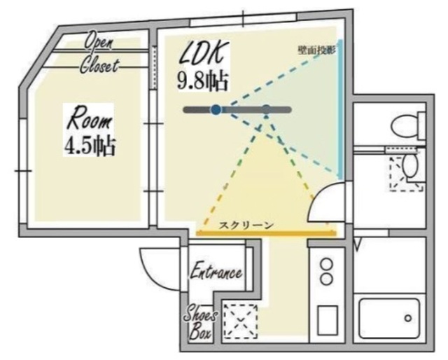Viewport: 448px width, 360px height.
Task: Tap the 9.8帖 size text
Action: (x=203, y=81)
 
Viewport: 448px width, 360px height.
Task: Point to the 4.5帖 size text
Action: (x=90, y=146)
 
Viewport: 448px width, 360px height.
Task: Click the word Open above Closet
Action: (x=99, y=41)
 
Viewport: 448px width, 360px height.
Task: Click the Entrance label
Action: (x=216, y=272)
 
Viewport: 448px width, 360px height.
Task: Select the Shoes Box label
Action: (x=200, y=325)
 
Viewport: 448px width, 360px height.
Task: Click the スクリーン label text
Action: (x=246, y=226)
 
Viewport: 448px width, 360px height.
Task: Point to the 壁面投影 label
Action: (x=316, y=50)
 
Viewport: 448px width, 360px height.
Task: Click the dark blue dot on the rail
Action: (x=216, y=109)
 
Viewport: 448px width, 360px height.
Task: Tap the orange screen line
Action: (x=266, y=234)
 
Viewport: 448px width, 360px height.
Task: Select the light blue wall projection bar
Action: (x=340, y=109)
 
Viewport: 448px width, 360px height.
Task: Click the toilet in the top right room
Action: (x=408, y=125)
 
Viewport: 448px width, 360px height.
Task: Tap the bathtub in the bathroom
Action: (x=390, y=318)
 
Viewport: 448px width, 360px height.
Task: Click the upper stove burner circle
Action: (x=327, y=263)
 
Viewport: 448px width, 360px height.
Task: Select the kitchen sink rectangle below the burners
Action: (x=328, y=320)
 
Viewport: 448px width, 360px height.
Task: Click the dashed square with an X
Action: (x=241, y=321)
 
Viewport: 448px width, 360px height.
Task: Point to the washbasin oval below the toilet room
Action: (x=410, y=166)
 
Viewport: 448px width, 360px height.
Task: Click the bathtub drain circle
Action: (x=408, y=318)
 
